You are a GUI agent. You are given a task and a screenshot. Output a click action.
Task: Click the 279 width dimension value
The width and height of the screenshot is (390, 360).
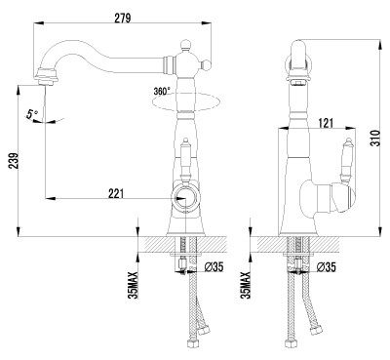point(123,18)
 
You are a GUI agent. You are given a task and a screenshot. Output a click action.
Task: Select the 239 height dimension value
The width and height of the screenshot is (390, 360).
point(13,160)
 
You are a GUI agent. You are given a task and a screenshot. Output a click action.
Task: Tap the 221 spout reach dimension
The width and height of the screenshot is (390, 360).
point(116,194)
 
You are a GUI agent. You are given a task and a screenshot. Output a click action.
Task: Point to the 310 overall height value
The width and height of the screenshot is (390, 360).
point(375,138)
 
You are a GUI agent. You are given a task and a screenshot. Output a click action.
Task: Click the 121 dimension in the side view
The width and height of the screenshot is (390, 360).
point(325,123)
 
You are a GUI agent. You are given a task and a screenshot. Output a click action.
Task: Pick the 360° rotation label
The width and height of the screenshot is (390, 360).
point(163,91)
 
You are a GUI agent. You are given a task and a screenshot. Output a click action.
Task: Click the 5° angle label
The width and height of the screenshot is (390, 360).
point(32,115)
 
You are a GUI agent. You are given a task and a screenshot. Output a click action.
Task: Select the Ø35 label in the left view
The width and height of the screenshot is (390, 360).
point(214,267)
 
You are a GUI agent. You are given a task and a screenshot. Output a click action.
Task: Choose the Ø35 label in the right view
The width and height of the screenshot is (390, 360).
point(326,267)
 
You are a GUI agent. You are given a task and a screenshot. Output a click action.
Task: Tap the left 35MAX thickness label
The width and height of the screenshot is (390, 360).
point(134,285)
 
